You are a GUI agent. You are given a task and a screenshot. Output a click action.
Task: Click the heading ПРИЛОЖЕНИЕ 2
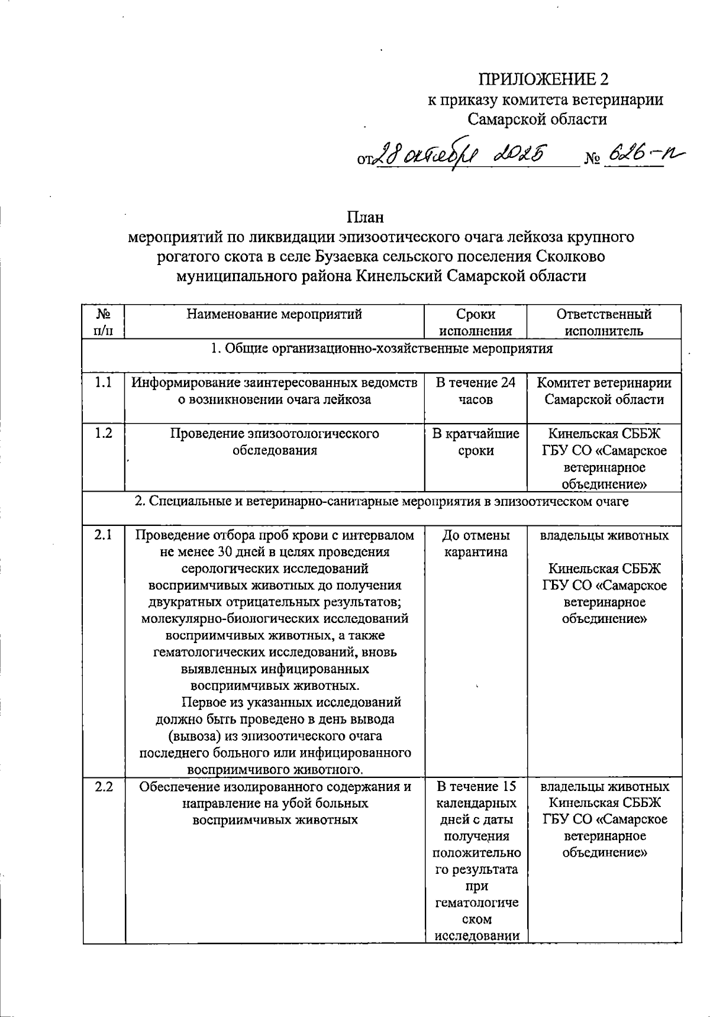tap(543, 79)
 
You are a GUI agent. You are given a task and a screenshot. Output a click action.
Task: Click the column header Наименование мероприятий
tap(275, 314)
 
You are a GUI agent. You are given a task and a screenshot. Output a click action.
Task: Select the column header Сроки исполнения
tap(476, 322)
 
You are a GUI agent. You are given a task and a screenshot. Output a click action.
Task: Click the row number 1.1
tap(104, 383)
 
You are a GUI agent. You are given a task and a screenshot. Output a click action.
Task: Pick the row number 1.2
tap(104, 434)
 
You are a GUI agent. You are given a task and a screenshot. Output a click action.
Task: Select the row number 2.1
tap(104, 535)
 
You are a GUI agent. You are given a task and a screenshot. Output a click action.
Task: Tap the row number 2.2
tap(104, 787)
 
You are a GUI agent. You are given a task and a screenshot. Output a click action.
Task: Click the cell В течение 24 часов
tap(476, 391)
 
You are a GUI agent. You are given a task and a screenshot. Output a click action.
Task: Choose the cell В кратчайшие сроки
tap(476, 442)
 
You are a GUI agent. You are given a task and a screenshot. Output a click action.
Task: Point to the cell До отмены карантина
tap(476, 544)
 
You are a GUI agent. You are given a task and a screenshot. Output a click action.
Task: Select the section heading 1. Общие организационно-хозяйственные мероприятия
tap(382, 348)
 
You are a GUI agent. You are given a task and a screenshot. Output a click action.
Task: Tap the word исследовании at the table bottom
tap(477, 937)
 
